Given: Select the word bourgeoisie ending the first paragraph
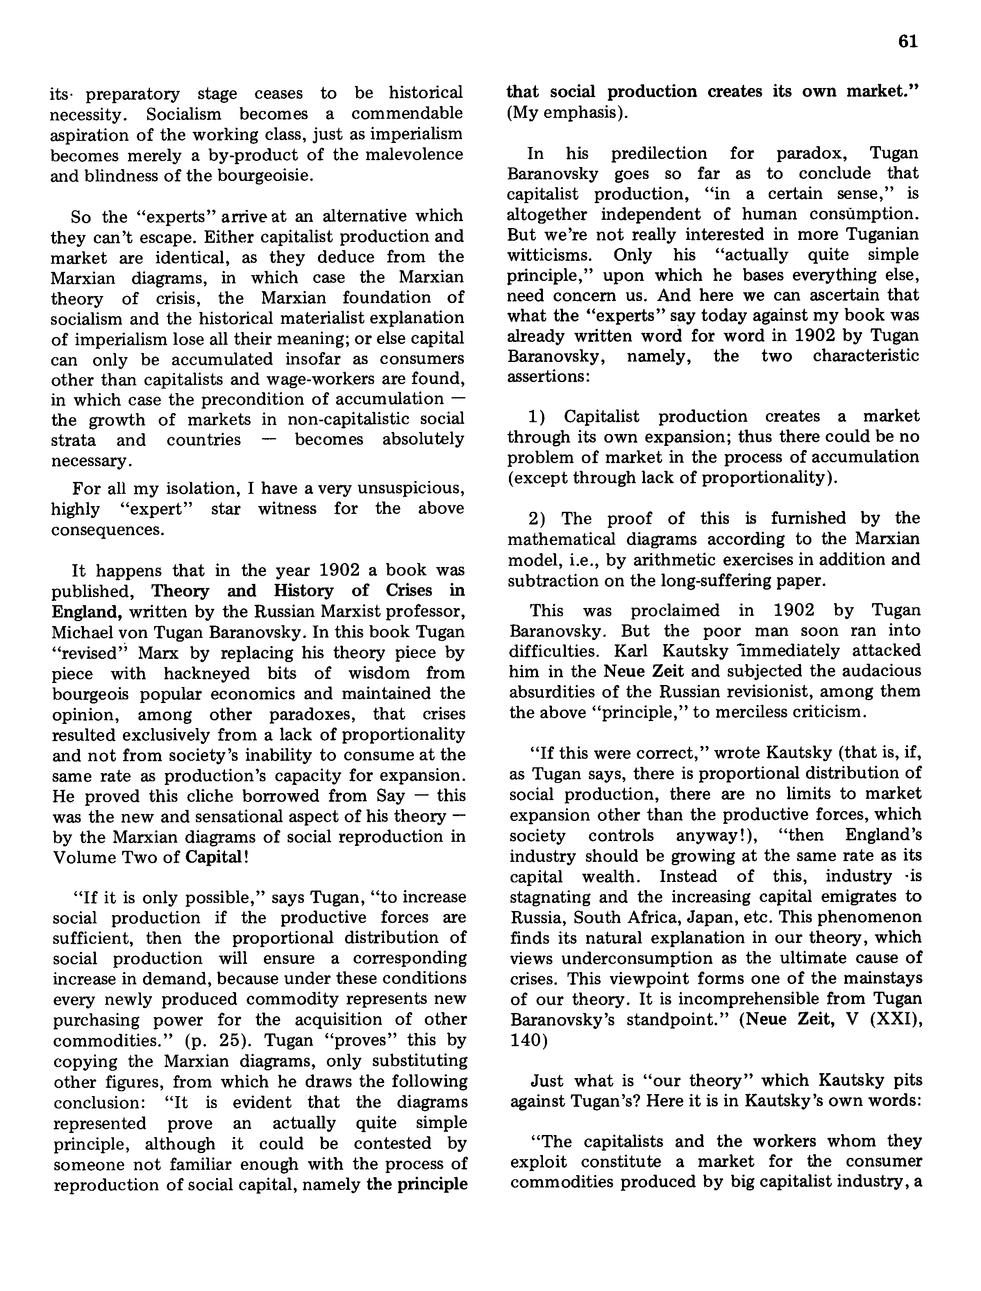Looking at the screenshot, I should point(266,176).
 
